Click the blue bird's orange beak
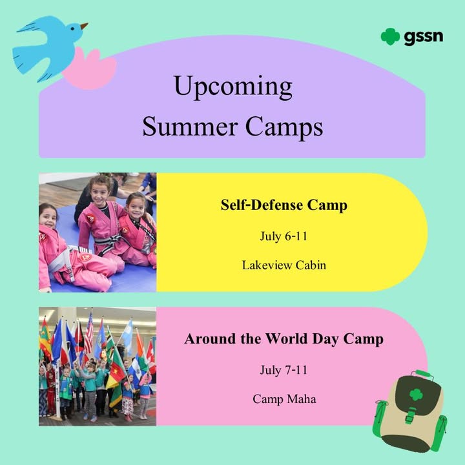pos(84,26)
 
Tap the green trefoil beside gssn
pos(390,36)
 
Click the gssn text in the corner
pos(423,37)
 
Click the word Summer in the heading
pos(190,127)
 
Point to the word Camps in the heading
pos(284,127)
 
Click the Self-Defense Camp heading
pos(284,205)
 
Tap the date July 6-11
pos(284,236)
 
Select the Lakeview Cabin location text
pos(284,265)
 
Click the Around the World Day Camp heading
pos(284,338)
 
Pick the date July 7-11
pos(284,370)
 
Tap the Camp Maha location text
pos(284,399)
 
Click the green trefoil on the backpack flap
pos(416,395)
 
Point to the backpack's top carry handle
pos(424,374)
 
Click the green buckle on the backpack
pos(410,415)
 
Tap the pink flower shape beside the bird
pos(90,69)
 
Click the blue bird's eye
pos(72,29)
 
